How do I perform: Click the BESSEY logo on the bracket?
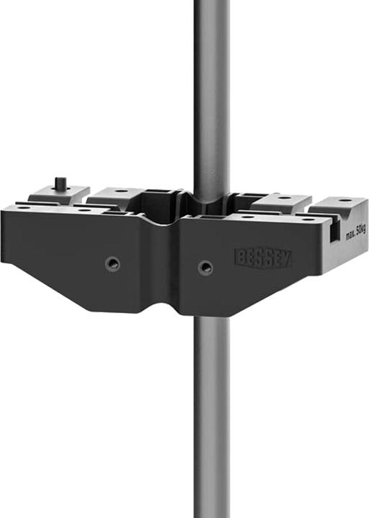(x=263, y=258)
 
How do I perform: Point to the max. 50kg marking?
(x=355, y=230)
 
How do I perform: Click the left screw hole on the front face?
(x=111, y=263)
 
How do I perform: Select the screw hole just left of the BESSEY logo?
(x=205, y=268)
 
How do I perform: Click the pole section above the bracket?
(x=211, y=86)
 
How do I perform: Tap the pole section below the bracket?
(x=211, y=417)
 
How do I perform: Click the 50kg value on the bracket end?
(x=360, y=228)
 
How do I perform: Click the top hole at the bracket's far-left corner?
(x=24, y=207)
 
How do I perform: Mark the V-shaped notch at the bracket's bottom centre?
(x=176, y=309)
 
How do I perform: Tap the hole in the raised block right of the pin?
(x=120, y=191)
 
